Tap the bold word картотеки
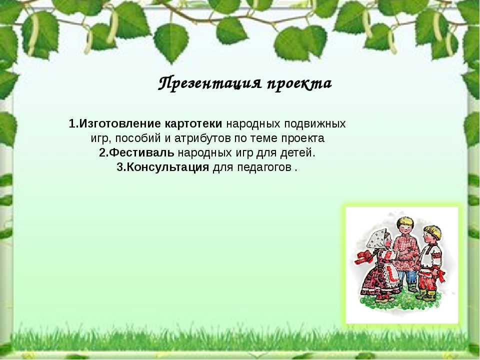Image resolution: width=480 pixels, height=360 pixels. [x=193, y=123]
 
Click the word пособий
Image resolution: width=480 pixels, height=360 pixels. [x=139, y=138]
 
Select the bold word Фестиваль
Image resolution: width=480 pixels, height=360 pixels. [x=141, y=152]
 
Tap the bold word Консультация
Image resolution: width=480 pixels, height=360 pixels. [x=168, y=167]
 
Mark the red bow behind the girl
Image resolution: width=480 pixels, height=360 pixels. [x=363, y=256]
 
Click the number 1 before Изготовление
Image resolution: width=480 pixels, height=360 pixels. [x=72, y=124]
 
